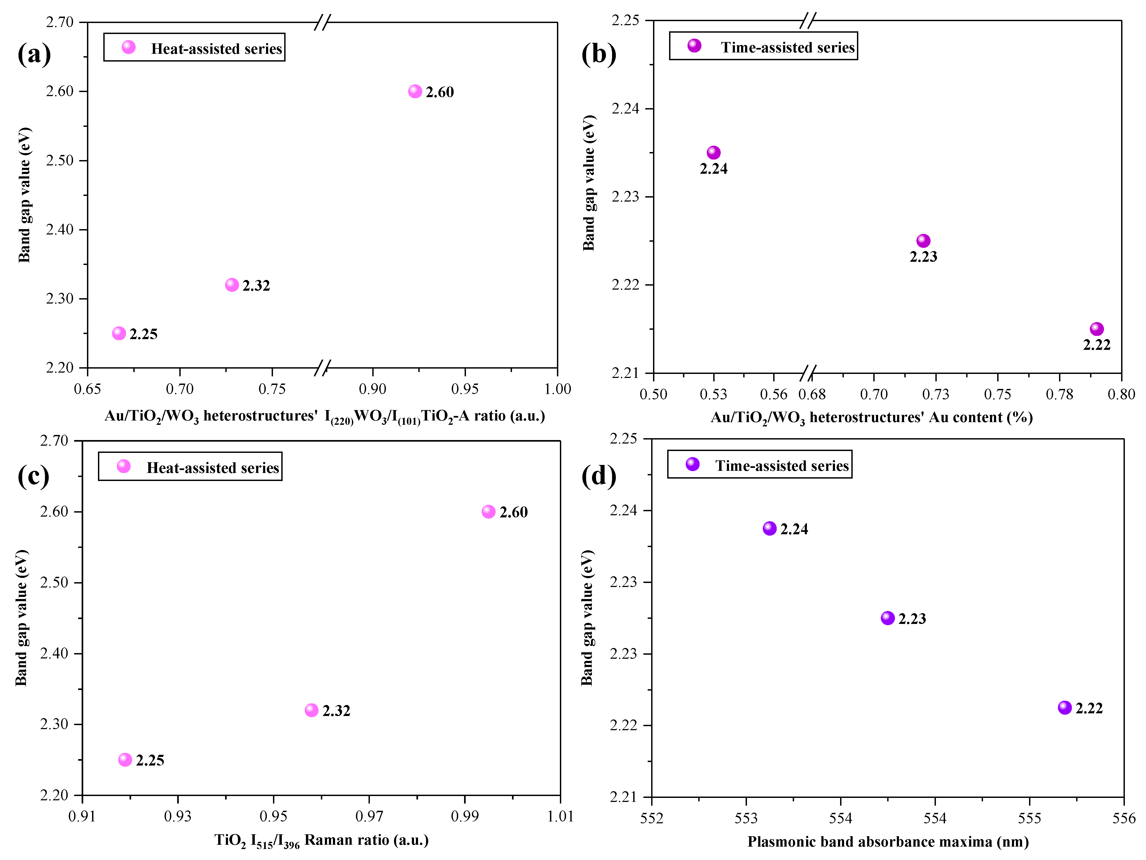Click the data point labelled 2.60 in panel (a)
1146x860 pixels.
tap(415, 91)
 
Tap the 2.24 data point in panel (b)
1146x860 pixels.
tap(714, 152)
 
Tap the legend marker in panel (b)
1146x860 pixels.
tap(694, 46)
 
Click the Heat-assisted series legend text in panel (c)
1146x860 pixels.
tap(212, 468)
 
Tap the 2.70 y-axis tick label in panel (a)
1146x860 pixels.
tap(60, 22)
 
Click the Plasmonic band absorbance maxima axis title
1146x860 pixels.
tap(887, 842)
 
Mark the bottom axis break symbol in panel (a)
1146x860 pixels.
tap(322, 368)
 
